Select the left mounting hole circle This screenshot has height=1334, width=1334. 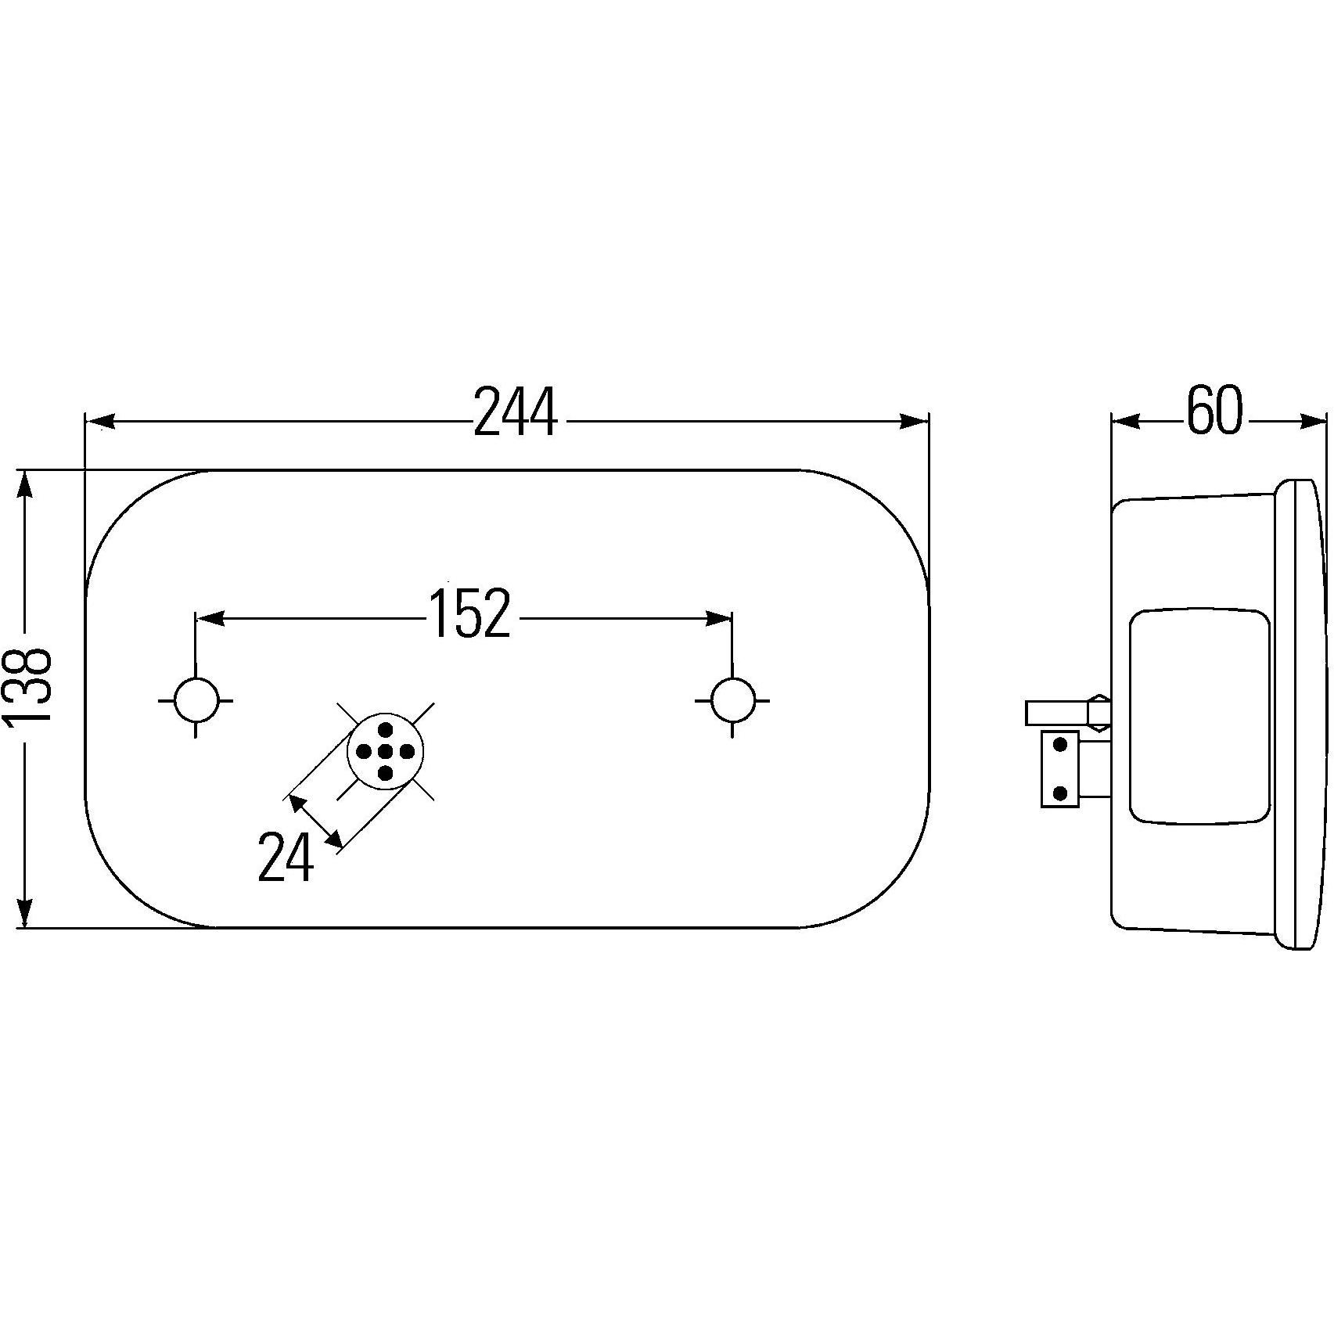coord(196,700)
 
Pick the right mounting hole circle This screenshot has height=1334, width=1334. coord(733,700)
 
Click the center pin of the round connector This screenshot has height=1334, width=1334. coord(385,752)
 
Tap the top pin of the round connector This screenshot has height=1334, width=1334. coord(385,730)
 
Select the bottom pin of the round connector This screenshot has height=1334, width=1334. coord(385,774)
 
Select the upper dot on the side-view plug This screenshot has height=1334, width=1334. coord(1060,745)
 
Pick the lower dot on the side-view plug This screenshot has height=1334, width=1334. coord(1060,793)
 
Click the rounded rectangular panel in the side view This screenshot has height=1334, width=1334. coord(1199,717)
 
